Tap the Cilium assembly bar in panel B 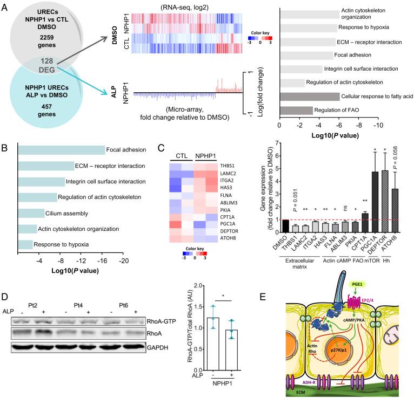pyautogui.click(x=31, y=212)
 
